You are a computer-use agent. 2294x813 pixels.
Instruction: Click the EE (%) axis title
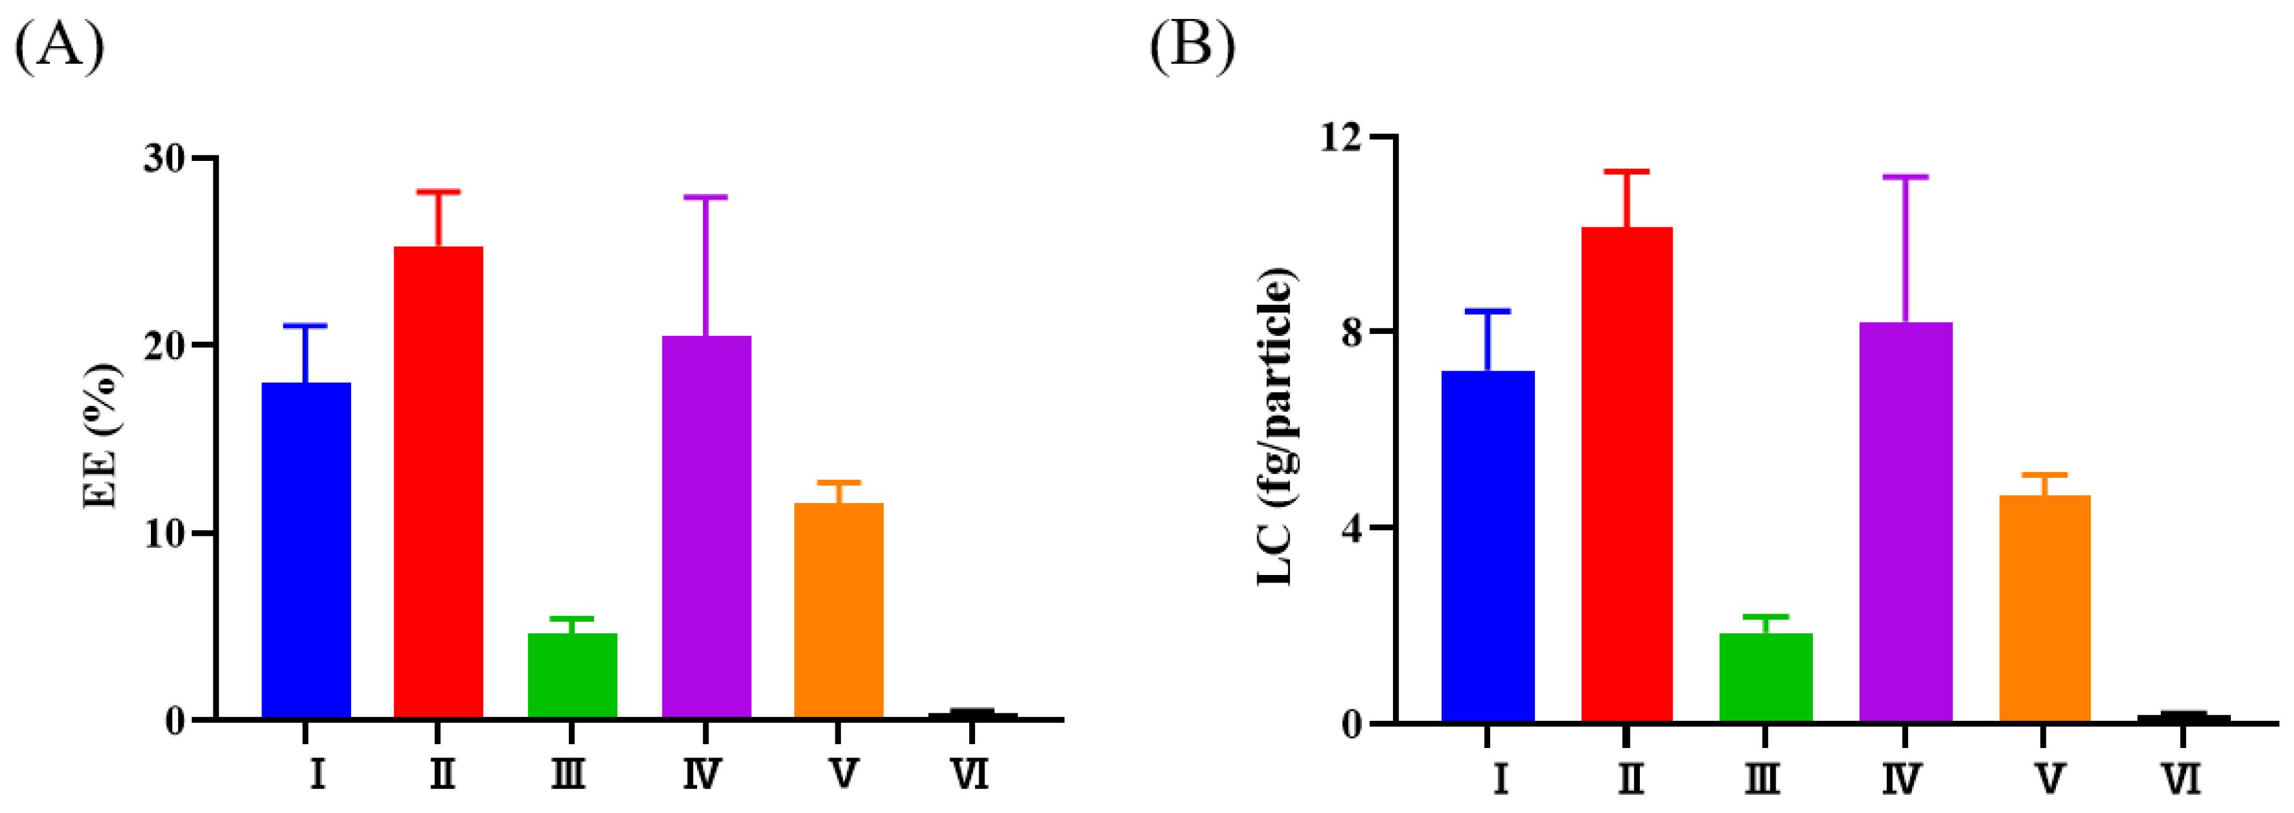pyautogui.click(x=100, y=436)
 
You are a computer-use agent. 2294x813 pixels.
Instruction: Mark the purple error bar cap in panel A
pyautogui.click(x=705, y=197)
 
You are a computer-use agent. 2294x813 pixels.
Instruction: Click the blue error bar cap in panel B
pyautogui.click(x=1487, y=311)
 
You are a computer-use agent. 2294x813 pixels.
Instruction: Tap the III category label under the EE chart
pyautogui.click(x=568, y=774)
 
